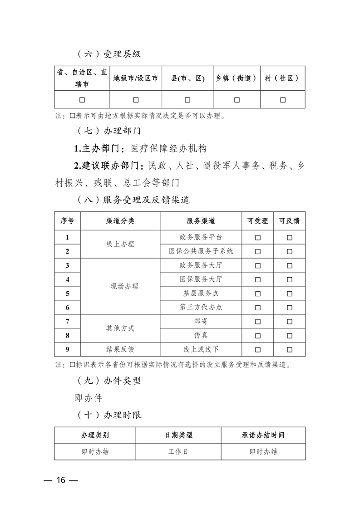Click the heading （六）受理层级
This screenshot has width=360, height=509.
point(109,54)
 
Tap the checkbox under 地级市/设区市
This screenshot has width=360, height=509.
point(136,100)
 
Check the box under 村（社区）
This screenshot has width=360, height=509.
point(282,100)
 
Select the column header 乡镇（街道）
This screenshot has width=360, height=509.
point(237,78)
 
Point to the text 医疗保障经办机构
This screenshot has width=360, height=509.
point(168,148)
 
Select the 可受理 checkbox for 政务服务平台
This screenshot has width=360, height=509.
point(257,237)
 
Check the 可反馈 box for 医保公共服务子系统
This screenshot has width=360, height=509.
point(289,251)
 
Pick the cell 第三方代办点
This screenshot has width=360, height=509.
point(201,308)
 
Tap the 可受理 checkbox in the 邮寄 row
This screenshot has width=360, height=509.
point(257,322)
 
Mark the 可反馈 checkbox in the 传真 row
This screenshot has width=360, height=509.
point(289,336)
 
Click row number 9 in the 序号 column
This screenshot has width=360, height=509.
point(67,350)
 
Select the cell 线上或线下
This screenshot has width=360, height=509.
point(201,350)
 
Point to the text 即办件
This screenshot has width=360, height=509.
point(89,398)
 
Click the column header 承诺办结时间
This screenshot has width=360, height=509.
point(263,435)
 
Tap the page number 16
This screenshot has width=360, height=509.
point(61,480)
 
